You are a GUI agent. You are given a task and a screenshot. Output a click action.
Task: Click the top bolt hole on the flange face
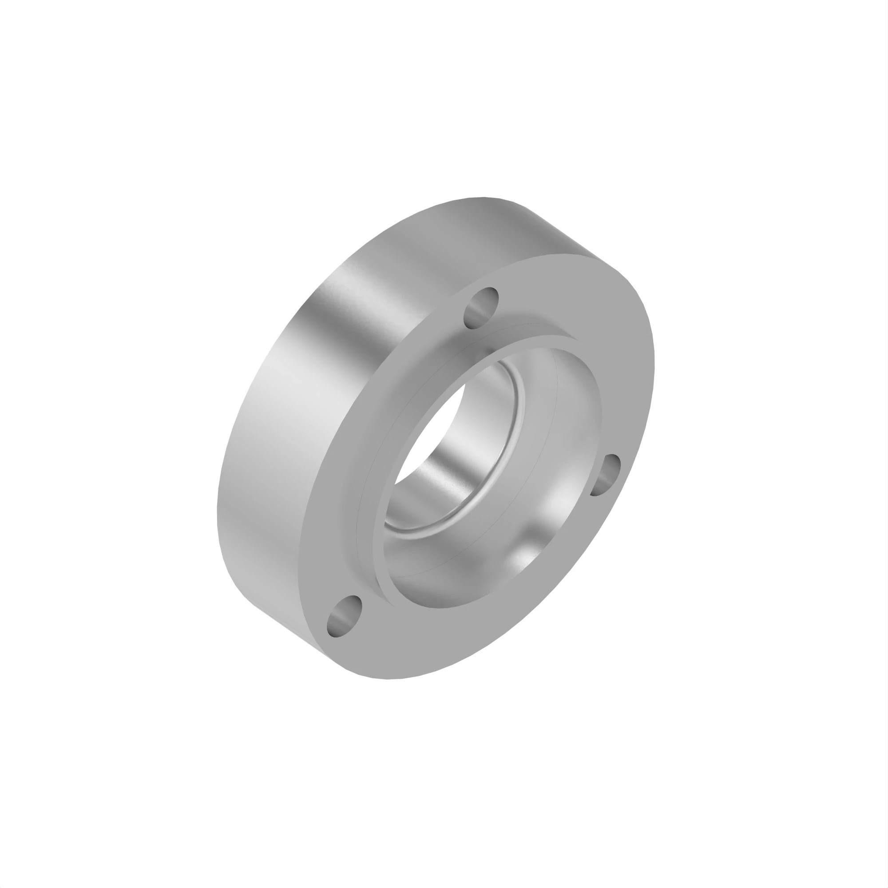tap(481, 308)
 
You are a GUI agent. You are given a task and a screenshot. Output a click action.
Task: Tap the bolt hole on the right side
tap(605, 475)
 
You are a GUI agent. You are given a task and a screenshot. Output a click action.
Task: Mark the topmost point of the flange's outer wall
tap(483, 198)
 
